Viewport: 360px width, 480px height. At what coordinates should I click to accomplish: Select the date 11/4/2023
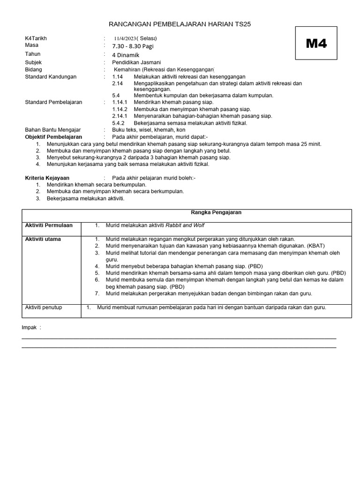coord(126,38)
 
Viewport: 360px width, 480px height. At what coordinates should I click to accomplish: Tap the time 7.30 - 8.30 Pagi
coord(133,46)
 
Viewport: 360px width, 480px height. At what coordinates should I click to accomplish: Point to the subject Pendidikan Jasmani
coord(136,62)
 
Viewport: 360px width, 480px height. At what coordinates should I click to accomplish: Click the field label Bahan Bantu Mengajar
coord(52,129)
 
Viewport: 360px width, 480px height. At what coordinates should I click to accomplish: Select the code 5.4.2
coord(118,123)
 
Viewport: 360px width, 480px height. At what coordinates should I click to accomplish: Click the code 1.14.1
coord(120,102)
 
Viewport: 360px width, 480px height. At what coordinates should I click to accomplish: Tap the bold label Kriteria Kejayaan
coord(47,178)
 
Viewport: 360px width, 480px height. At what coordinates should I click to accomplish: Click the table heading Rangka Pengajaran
coord(216,212)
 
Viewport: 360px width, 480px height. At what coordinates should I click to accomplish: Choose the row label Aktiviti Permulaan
coord(49,225)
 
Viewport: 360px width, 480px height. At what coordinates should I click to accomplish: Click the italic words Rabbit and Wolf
coord(186,225)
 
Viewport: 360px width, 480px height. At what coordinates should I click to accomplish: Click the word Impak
coord(30,327)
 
